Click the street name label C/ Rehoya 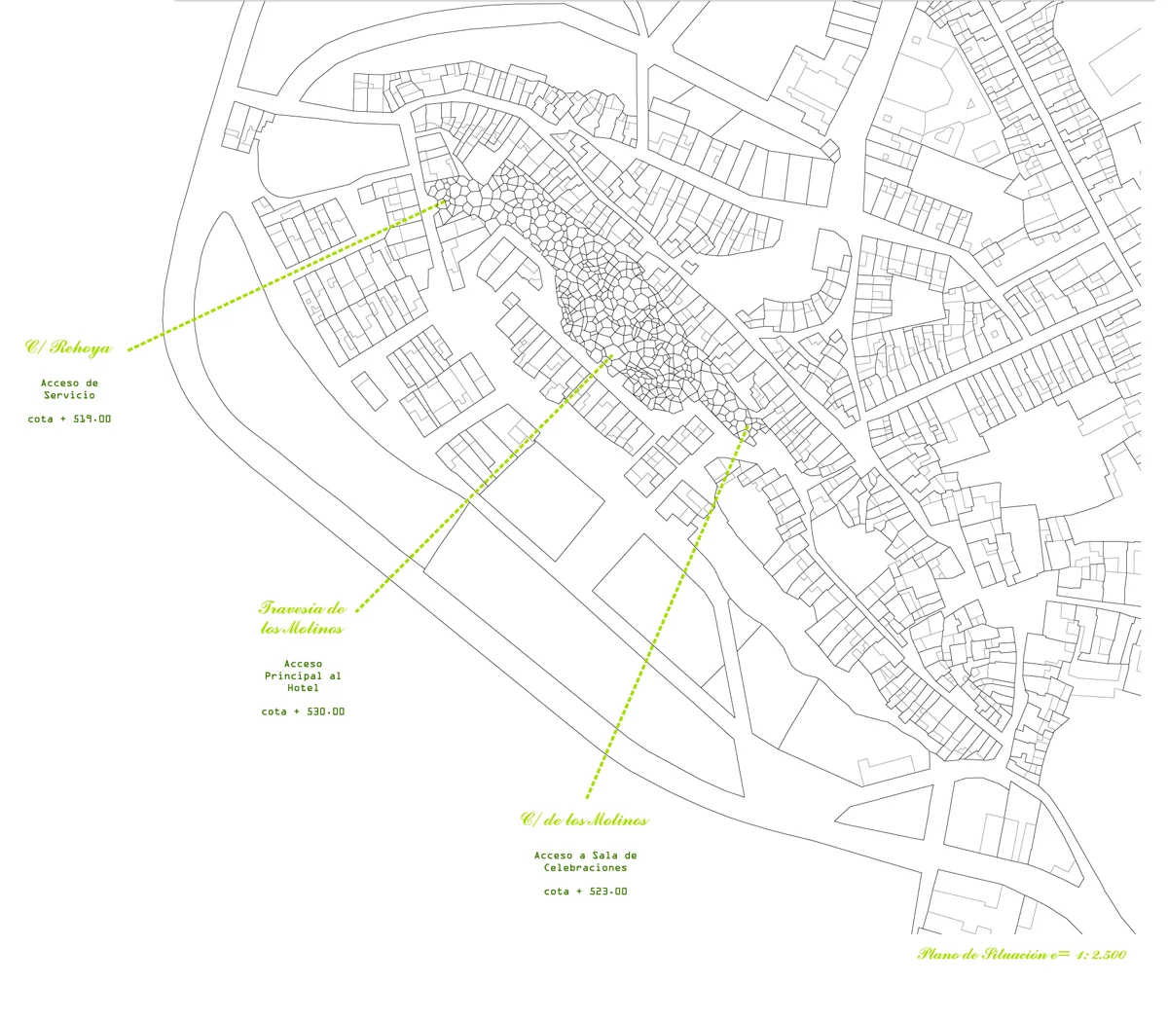pos(68,347)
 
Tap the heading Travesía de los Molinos pos(303,618)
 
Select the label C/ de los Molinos pos(584,820)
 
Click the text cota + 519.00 pos(69,419)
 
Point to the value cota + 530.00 pos(303,711)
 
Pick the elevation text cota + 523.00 pos(585,892)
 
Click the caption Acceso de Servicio pos(69,389)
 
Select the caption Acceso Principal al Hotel pos(303,675)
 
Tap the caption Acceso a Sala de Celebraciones pos(585,861)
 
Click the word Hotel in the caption pos(303,688)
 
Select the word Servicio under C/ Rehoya pos(69,396)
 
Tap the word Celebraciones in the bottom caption pos(585,867)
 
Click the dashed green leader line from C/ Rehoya pos(282,275)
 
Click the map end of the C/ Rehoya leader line pos(444,202)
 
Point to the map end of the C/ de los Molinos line pos(747,426)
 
